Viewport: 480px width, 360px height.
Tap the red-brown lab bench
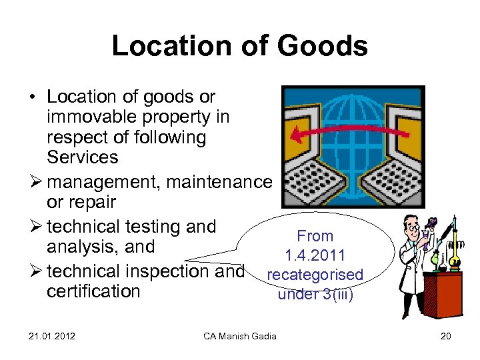click(x=445, y=293)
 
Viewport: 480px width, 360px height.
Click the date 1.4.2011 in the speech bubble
click(x=315, y=255)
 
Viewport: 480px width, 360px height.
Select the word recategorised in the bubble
click(x=315, y=274)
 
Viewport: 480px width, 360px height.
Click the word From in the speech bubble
click(x=315, y=236)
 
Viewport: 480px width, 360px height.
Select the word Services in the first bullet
click(x=83, y=158)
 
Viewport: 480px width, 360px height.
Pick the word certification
click(x=94, y=291)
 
